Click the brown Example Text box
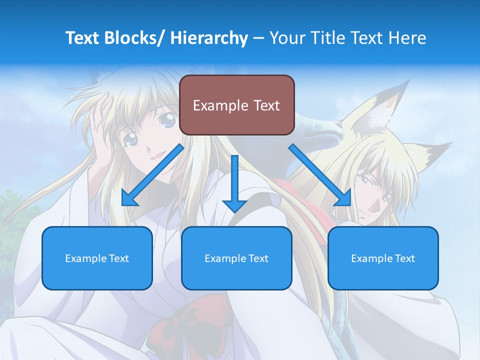[x=236, y=105]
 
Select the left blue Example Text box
[x=97, y=258]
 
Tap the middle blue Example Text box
[x=236, y=258]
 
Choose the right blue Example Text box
[x=383, y=258]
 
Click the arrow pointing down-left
[x=152, y=175]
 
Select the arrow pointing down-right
[x=320, y=175]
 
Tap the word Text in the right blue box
[x=404, y=258]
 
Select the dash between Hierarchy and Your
[x=258, y=38]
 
